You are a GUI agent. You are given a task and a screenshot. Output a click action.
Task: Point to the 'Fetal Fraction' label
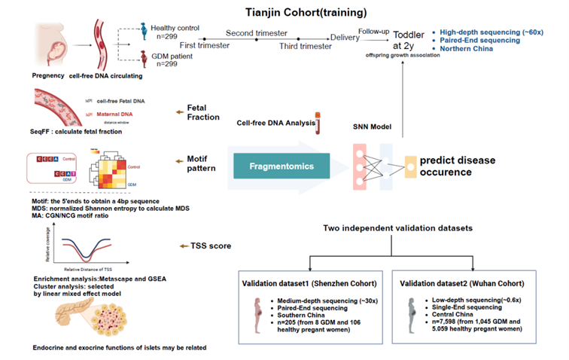click(202, 111)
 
